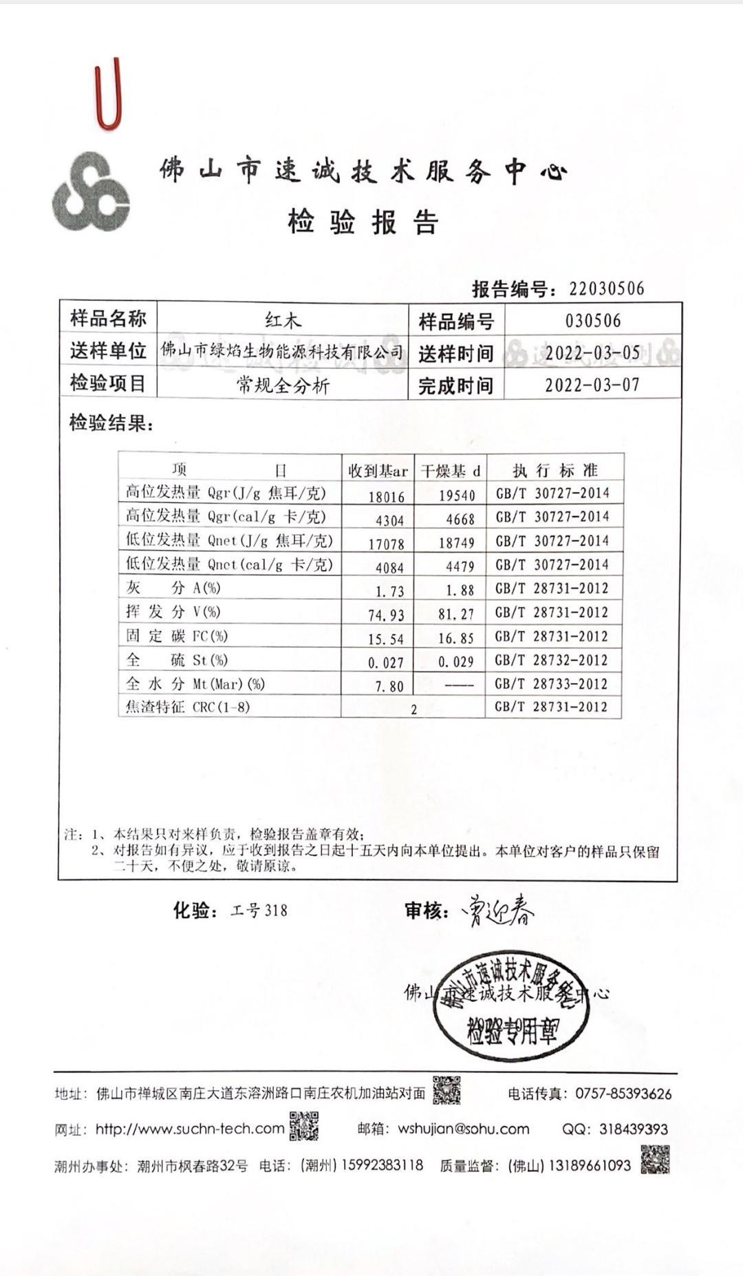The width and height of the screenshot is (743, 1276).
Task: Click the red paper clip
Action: (x=108, y=95)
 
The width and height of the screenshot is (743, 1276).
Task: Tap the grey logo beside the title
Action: (x=91, y=192)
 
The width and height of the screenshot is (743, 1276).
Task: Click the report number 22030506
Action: (x=606, y=288)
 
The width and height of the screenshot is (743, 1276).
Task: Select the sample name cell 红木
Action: (x=283, y=320)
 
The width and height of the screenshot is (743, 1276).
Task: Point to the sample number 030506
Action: (x=593, y=321)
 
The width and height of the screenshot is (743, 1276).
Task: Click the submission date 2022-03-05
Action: (x=592, y=353)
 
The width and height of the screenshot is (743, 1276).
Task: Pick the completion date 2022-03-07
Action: (x=592, y=385)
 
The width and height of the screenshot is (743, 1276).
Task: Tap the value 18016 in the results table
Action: (x=387, y=496)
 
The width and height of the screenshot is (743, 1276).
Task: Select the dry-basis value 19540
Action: (x=457, y=496)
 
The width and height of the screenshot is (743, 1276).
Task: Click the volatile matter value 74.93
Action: (x=386, y=615)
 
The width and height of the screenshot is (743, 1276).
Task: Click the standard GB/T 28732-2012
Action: (x=552, y=660)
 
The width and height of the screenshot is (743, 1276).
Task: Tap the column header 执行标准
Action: (x=554, y=471)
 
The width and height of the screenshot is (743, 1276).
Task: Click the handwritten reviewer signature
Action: (x=502, y=911)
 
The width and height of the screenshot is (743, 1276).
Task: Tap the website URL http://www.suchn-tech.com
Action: (x=189, y=1129)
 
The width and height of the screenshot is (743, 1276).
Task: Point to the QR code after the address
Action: (x=446, y=1090)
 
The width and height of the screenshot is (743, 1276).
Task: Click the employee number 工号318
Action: (x=259, y=911)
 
